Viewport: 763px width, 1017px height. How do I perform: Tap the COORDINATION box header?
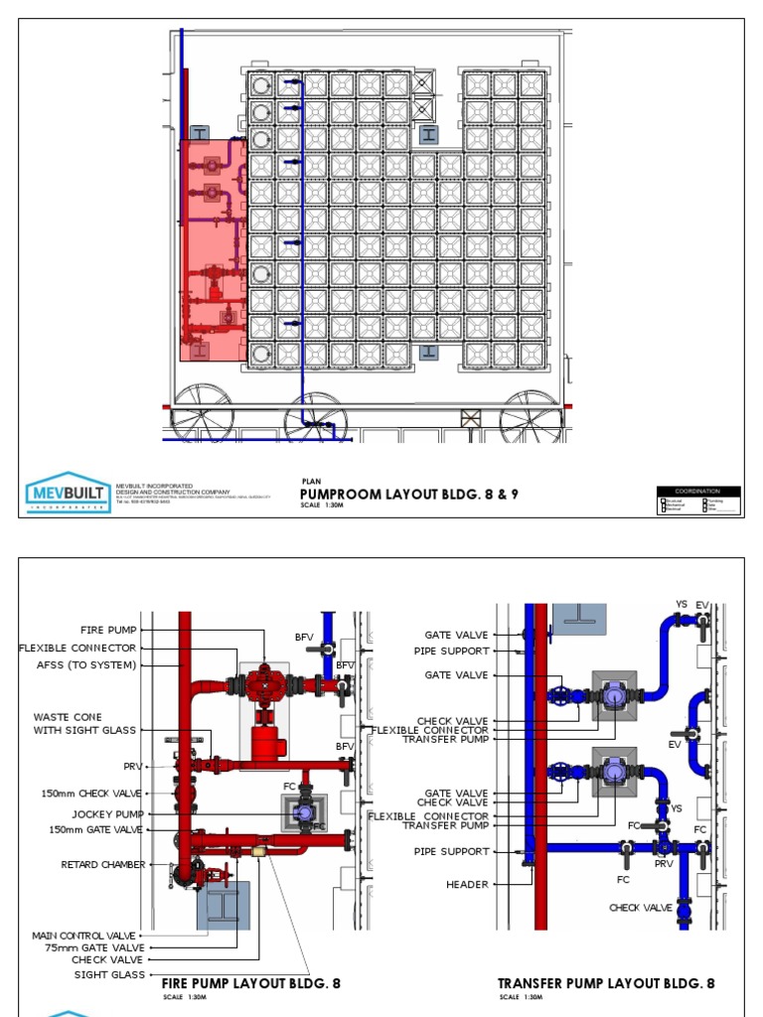click(x=697, y=491)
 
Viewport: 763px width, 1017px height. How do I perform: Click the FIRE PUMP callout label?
click(x=109, y=630)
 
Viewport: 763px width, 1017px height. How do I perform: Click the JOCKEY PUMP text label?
click(x=106, y=812)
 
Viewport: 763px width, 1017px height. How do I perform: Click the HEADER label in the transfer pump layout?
click(x=466, y=885)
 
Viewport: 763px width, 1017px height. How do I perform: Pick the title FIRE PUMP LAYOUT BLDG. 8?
click(x=250, y=983)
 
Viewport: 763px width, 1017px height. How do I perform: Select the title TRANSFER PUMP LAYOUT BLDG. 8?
click(x=606, y=983)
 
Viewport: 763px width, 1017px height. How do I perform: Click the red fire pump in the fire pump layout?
click(x=265, y=684)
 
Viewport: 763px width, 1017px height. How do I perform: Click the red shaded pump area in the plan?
click(x=213, y=248)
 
